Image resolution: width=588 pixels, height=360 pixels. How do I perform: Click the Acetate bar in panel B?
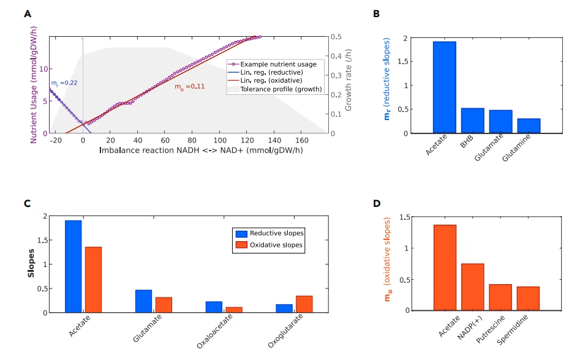(x=445, y=87)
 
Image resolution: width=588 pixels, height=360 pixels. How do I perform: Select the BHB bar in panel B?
(x=472, y=121)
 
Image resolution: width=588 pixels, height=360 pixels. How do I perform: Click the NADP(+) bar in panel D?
(x=472, y=287)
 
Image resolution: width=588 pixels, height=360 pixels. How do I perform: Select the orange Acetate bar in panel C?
(x=93, y=279)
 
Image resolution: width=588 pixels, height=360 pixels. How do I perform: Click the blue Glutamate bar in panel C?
(x=143, y=301)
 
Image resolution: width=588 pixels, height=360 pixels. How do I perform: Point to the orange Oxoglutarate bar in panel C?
(x=304, y=304)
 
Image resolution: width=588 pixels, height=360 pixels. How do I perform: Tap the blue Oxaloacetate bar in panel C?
(x=214, y=307)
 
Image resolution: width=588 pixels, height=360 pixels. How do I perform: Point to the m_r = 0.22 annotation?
(x=64, y=83)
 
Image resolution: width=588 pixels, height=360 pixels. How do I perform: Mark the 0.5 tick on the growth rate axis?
(x=336, y=37)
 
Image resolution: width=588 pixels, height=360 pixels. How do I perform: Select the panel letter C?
(x=27, y=203)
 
